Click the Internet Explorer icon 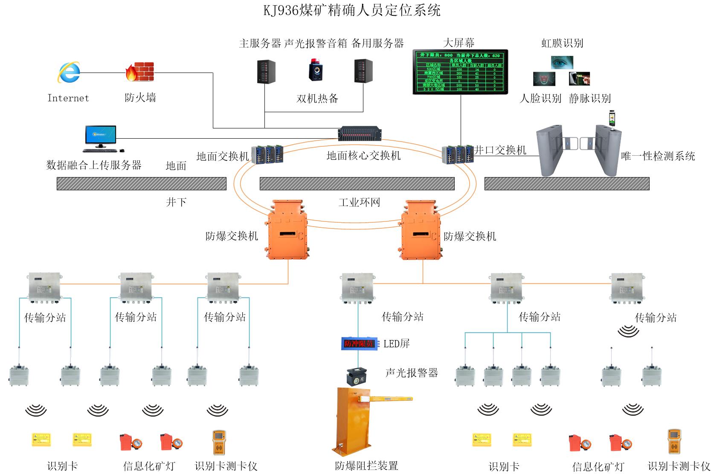point(68,73)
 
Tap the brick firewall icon point(139,72)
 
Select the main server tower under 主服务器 point(266,71)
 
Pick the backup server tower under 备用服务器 point(363,71)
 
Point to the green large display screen point(460,71)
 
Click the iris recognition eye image point(562,63)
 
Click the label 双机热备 point(317,99)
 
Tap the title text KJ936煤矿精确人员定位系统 point(352,10)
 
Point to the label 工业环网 point(359,202)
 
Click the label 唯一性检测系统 point(658,156)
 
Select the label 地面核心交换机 point(363,156)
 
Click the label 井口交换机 point(500,150)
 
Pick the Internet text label point(68,98)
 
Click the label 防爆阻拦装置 point(366,465)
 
